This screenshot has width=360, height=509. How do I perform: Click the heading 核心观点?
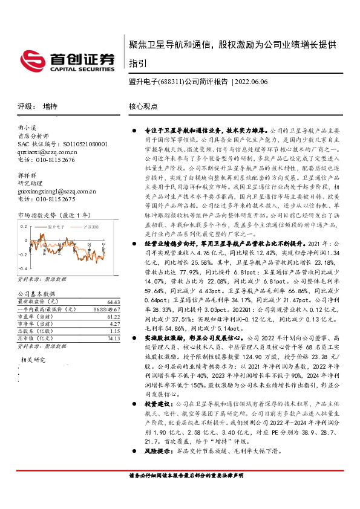coord(143,106)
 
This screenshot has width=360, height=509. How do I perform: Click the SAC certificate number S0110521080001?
coord(78,144)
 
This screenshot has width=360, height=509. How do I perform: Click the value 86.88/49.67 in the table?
coord(107,309)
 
